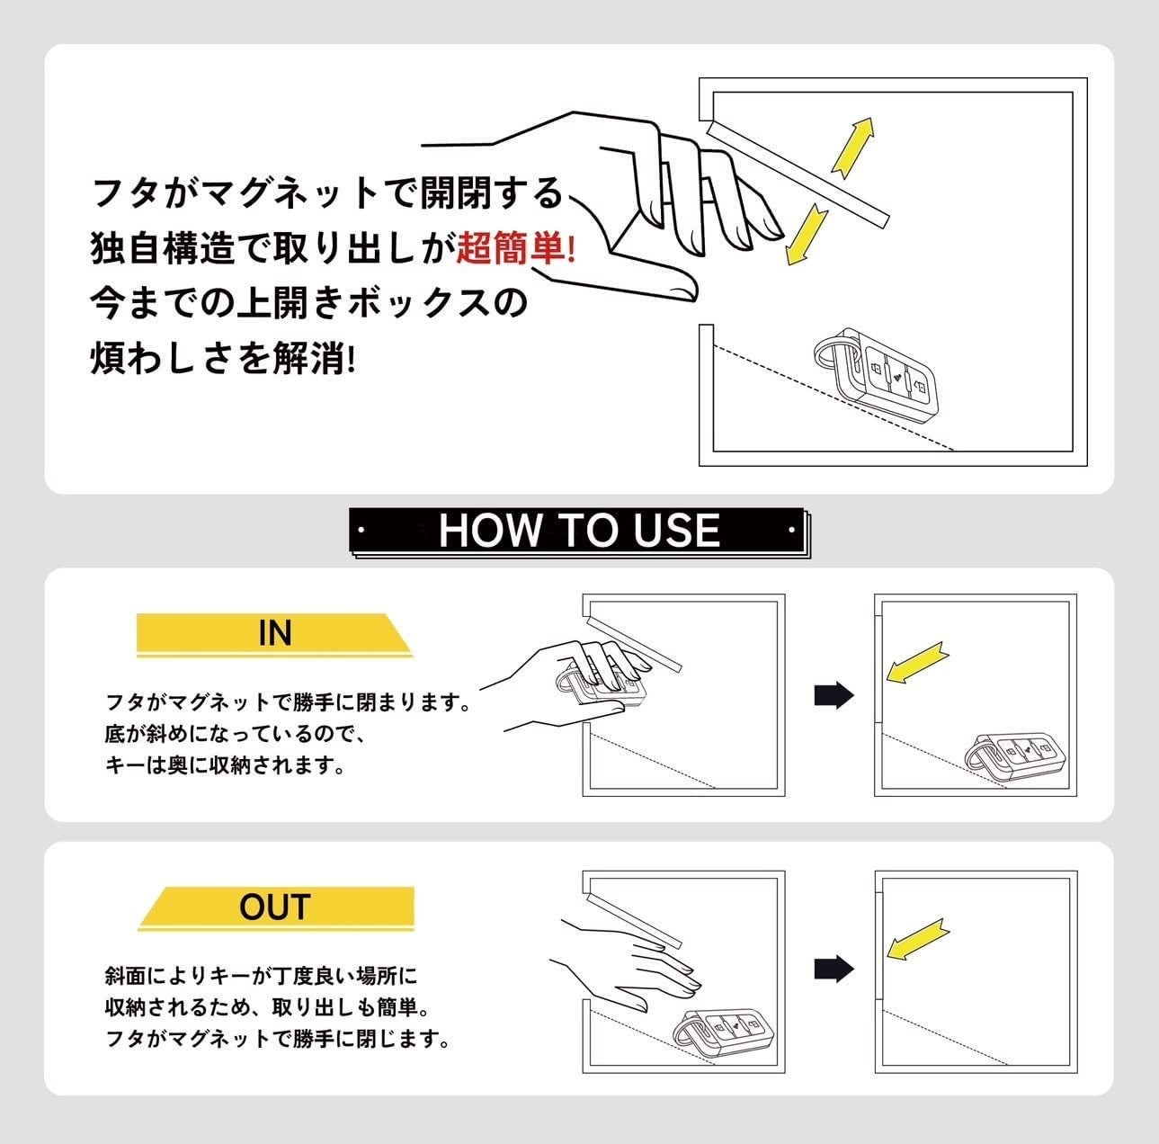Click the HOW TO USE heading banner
[579, 531]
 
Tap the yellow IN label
[274, 633]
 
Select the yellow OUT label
[275, 907]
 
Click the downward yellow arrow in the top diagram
[806, 234]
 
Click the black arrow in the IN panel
[834, 695]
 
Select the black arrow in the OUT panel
[834, 969]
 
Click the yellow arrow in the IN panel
[915, 662]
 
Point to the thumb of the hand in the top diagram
[661, 283]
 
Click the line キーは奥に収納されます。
[225, 766]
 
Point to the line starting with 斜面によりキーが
[262, 976]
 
